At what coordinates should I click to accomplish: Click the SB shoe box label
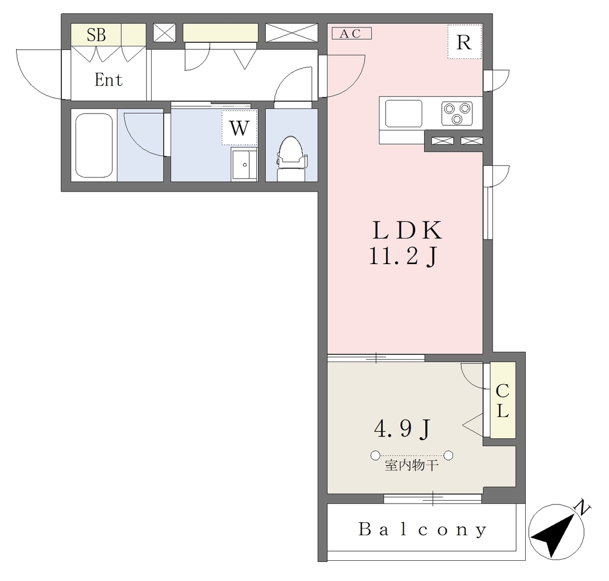pos(96,34)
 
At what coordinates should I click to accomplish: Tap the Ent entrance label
pos(109,80)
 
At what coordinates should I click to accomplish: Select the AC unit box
pos(352,33)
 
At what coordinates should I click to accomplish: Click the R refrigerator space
pos(464,42)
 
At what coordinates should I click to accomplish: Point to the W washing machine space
pos(239,127)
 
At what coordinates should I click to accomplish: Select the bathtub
pos(94,145)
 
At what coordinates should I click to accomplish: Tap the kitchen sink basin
pos(404,113)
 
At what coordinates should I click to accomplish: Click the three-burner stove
pos(457,113)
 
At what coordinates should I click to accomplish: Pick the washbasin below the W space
pos(244,164)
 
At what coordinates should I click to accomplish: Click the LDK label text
pos(407,230)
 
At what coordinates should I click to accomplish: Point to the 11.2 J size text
pos(404,257)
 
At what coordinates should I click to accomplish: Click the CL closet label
pos(503,400)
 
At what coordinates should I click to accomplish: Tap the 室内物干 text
pos(412,465)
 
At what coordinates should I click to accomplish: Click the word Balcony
pos(423,529)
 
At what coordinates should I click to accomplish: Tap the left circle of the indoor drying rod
pos(375,456)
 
